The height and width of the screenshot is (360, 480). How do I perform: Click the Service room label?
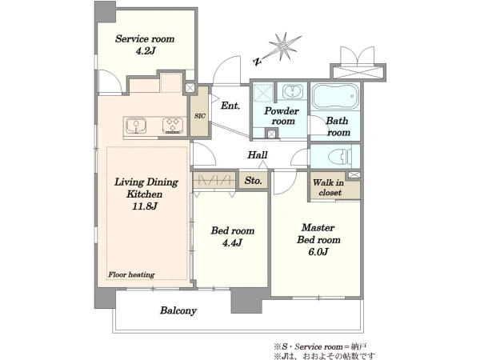click(x=145, y=39)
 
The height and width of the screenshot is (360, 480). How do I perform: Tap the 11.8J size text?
click(x=145, y=206)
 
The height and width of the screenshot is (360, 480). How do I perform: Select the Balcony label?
click(x=178, y=310)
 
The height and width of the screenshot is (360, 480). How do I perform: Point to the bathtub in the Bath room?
click(x=335, y=97)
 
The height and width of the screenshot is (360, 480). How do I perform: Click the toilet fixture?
click(x=341, y=157)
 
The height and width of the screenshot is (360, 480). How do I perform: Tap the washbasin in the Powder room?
click(x=293, y=91)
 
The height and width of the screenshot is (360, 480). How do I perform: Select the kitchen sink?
click(x=136, y=126)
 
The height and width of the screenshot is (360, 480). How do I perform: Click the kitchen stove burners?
click(x=173, y=126)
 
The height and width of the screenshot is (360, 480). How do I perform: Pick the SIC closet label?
click(x=199, y=116)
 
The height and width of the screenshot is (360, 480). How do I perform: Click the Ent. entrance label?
click(x=230, y=106)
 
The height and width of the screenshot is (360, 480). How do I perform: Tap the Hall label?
click(x=258, y=155)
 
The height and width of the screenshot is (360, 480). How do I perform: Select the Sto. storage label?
click(x=253, y=181)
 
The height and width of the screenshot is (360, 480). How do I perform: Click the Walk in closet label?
click(x=329, y=188)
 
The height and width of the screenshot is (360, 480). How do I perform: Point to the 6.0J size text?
click(x=318, y=252)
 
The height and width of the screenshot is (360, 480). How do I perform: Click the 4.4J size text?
click(x=232, y=243)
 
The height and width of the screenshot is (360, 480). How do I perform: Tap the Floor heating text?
click(x=131, y=275)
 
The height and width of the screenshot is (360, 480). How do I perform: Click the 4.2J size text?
click(x=145, y=51)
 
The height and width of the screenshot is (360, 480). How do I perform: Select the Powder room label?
click(x=282, y=116)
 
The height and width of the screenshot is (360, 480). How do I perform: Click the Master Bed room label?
click(x=318, y=234)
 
